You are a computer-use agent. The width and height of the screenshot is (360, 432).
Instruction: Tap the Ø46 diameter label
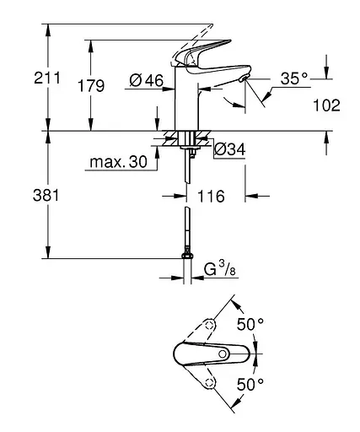point(146,82)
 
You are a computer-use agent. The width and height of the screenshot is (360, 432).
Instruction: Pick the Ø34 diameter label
point(229,150)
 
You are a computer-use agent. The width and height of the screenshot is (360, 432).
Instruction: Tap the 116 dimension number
point(211,197)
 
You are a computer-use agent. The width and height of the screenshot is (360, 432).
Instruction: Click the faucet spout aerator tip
point(244,78)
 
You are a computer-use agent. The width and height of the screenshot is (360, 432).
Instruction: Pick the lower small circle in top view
point(209,382)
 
